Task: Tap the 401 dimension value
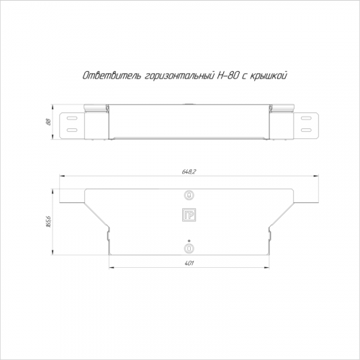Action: pos(189,264)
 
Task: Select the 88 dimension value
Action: pos(48,122)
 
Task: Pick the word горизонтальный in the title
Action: pos(179,76)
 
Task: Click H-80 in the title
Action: pos(228,76)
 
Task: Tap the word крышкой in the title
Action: pos(269,76)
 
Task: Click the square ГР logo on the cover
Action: pos(189,215)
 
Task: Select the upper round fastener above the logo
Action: pos(189,195)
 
